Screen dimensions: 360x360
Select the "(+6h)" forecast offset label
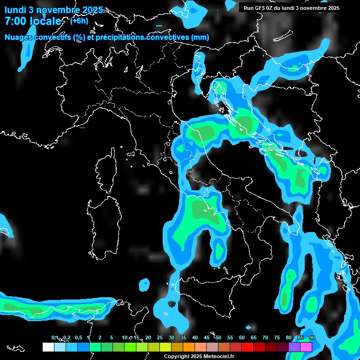(x=79, y=21)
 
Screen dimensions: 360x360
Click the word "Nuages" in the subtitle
(x=18, y=37)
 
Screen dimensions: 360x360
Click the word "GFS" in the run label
(x=261, y=8)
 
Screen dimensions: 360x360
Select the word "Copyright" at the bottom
(x=177, y=356)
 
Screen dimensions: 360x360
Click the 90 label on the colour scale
(x=312, y=338)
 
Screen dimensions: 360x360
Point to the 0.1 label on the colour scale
(x=54, y=338)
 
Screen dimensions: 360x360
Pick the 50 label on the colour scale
(x=218, y=338)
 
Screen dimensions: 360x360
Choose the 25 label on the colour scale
(x=160, y=338)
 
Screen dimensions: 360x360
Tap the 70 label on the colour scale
(x=265, y=338)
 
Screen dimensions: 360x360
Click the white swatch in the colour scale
(x=48, y=347)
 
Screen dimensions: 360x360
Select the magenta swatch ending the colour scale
(x=306, y=347)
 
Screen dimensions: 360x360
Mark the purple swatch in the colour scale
(x=294, y=347)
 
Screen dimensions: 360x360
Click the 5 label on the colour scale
(x=112, y=338)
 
